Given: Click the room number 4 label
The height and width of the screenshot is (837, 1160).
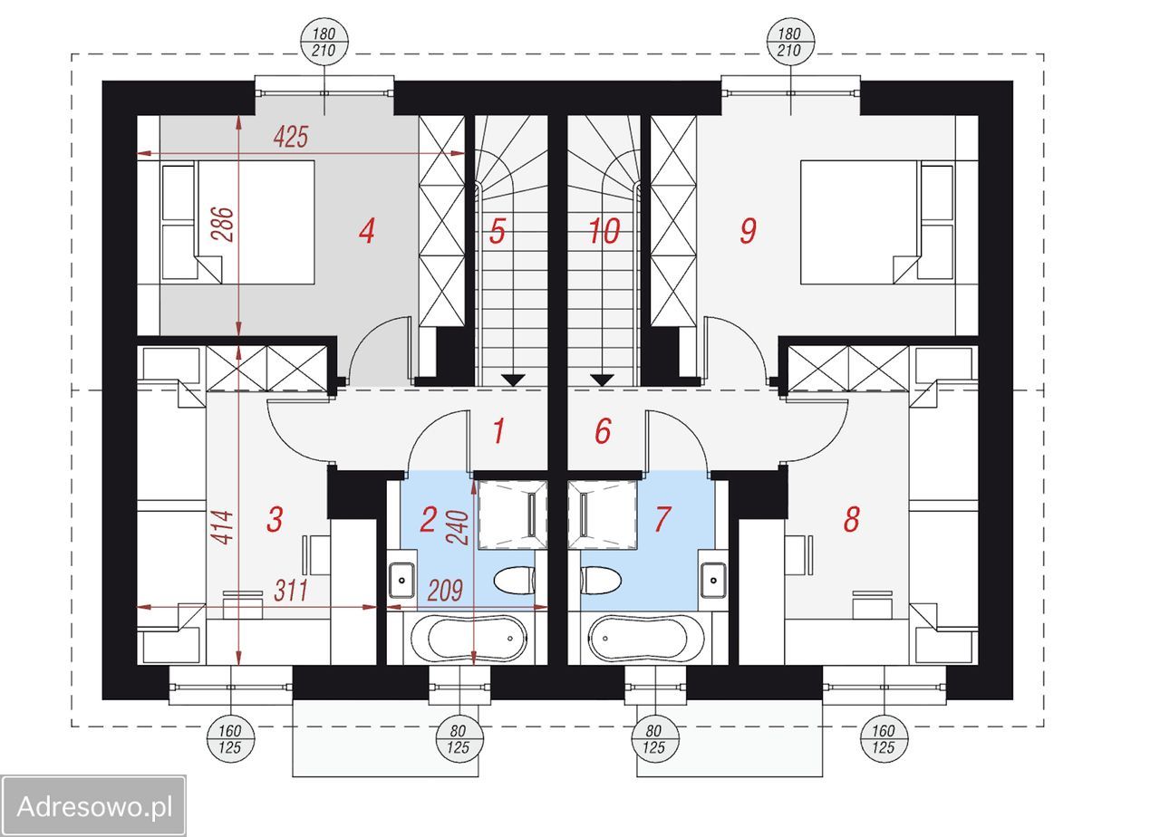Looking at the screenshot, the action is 367,231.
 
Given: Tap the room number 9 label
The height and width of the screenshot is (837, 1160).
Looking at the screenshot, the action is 748,231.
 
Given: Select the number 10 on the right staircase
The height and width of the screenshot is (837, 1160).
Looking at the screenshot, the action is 604,231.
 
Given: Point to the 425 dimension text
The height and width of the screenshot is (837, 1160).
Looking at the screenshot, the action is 291,137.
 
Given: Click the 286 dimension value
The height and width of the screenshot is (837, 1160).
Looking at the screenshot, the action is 223,224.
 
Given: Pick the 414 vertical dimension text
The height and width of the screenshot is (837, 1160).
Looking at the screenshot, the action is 223,527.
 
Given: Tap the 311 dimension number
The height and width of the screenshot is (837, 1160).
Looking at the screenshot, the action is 291,591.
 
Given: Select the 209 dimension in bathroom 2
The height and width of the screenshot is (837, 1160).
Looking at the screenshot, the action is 445,591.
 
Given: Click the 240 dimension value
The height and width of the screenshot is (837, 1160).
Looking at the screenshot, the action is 458,527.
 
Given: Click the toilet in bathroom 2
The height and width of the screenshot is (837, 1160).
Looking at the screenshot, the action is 514,581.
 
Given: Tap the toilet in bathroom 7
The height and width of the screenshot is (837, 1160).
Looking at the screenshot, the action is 601,581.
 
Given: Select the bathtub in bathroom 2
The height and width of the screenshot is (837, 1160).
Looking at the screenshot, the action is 469,639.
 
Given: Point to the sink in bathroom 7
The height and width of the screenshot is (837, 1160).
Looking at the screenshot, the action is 713,581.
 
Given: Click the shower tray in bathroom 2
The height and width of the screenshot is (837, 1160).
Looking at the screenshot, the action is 512,515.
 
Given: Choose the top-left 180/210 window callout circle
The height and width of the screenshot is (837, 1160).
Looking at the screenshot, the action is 324,42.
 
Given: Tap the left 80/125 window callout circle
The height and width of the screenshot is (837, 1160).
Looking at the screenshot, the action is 459,738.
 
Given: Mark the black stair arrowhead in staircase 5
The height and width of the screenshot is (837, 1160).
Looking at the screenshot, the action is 513,380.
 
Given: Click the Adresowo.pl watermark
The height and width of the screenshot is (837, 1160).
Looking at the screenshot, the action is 94,807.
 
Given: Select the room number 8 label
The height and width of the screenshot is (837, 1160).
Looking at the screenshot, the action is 851,519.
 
